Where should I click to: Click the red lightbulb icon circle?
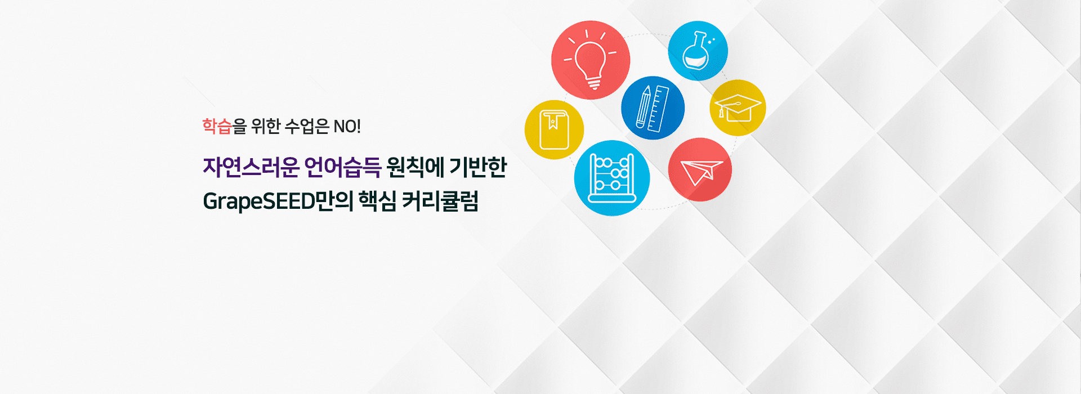[591, 60]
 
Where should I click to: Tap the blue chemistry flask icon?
[698, 51]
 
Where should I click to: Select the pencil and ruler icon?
[653, 108]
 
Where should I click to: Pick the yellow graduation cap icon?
[738, 108]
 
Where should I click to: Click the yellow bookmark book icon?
[554, 130]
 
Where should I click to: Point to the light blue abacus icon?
[612, 178]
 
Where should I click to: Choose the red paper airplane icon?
[700, 169]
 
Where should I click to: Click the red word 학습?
[217, 126]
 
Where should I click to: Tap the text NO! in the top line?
[347, 126]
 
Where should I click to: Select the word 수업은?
[307, 126]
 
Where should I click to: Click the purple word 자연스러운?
[251, 167]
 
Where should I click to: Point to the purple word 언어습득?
[342, 167]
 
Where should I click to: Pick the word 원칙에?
[415, 167]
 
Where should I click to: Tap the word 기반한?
[479, 167]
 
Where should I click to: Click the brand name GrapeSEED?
[258, 201]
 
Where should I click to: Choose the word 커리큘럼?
[440, 200]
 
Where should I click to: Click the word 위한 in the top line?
[266, 126]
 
